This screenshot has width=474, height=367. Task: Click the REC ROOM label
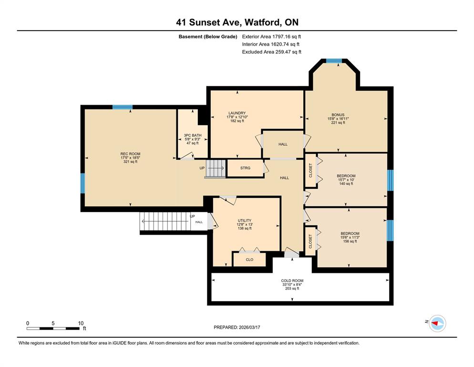pyautogui.click(x=130, y=154)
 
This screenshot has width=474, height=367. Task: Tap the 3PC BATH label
pyautogui.click(x=193, y=135)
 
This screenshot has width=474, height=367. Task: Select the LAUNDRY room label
pyautogui.click(x=237, y=113)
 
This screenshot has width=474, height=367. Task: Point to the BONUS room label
pyautogui.click(x=338, y=115)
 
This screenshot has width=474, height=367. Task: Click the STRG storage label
pyautogui.click(x=245, y=168)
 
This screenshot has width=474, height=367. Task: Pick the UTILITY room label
pyautogui.click(x=245, y=221)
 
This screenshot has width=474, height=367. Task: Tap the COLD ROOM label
pyautogui.click(x=292, y=281)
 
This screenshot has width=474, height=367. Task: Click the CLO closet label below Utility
pyautogui.click(x=249, y=259)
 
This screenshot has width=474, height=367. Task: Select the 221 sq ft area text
pyautogui.click(x=338, y=123)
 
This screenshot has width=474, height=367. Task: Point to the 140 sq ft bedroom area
pyautogui.click(x=346, y=183)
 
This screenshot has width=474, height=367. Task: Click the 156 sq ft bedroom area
pyautogui.click(x=350, y=241)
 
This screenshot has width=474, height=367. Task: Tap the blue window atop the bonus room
pyautogui.click(x=334, y=61)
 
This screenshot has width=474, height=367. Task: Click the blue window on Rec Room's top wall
pyautogui.click(x=123, y=107)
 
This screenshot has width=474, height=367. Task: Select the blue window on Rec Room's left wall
pyautogui.click(x=82, y=183)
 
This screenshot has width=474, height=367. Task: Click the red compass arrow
pyautogui.click(x=435, y=324)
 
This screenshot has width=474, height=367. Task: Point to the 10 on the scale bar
pyautogui.click(x=81, y=323)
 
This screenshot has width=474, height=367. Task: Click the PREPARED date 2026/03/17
pyautogui.click(x=249, y=327)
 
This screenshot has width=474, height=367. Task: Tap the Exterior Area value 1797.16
pyautogui.click(x=281, y=37)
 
